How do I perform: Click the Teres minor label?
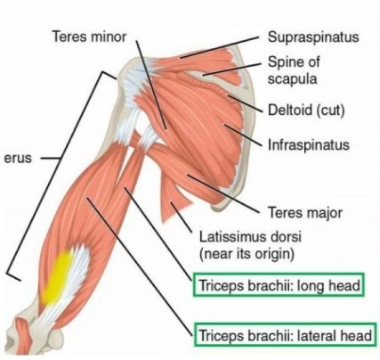(89, 37)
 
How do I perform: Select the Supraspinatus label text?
(313, 37)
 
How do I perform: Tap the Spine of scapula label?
(294, 70)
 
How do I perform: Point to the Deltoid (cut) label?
(306, 110)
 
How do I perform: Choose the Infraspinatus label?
(309, 145)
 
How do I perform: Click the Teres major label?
(305, 213)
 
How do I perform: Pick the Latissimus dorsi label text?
(250, 237)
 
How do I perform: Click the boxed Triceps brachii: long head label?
(279, 285)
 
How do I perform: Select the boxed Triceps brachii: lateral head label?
(285, 335)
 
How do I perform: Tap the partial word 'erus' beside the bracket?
(18, 158)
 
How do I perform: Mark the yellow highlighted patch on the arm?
(57, 278)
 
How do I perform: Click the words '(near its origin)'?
(247, 254)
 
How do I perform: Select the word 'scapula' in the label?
(292, 79)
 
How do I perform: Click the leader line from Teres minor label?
(151, 84)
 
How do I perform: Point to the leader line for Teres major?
(222, 193)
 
